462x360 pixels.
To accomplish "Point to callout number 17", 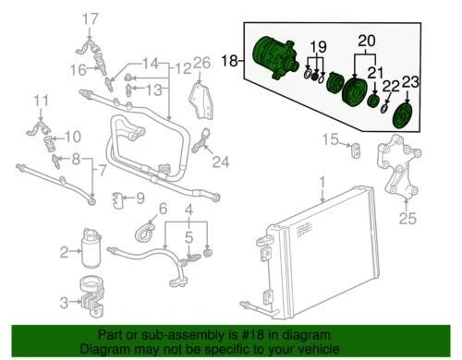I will point(90,18).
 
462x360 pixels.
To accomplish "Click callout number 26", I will point(202,64).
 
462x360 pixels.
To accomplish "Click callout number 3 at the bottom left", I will point(140,198).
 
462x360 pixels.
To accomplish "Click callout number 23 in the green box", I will point(410,81).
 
